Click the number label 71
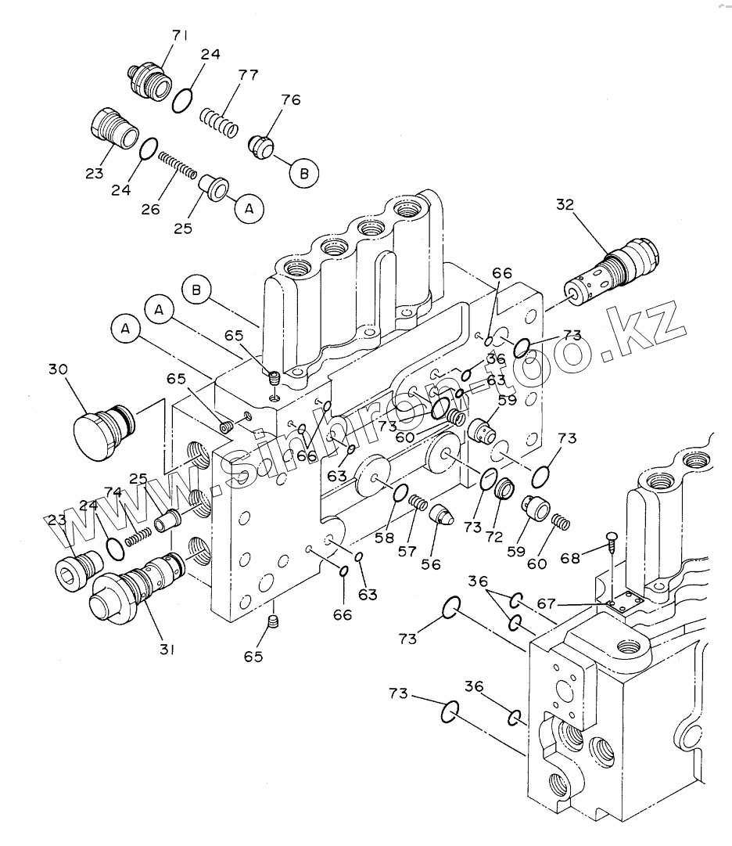coord(180,36)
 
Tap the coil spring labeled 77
coord(219,122)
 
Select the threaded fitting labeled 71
coord(149,82)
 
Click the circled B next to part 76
coord(304,174)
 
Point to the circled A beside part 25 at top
coord(249,209)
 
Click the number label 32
coord(565,205)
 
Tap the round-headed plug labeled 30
coord(102,431)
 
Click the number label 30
coord(58,369)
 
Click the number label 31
coord(167,650)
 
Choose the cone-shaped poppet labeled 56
coord(441,514)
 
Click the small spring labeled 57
coord(418,503)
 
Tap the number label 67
coord(547,603)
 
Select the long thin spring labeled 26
coord(178,165)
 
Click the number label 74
coord(113,492)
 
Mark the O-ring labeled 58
coord(400,492)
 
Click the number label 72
coord(493,536)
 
